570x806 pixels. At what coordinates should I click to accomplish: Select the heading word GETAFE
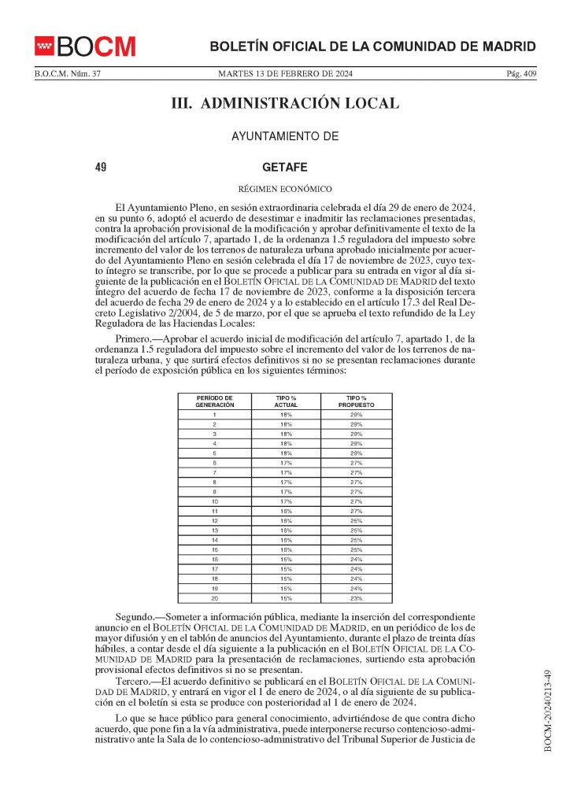coord(284,168)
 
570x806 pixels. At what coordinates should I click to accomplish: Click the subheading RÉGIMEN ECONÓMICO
coord(284,188)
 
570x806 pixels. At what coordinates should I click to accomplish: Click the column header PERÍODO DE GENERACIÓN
coord(215,401)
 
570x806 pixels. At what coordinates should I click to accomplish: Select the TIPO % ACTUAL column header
coord(286,401)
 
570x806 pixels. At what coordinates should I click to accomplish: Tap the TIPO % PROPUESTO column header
coord(357,401)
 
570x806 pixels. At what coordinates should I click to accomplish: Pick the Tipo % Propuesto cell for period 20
coord(357,598)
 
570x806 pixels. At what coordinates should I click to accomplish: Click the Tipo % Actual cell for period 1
coord(286,414)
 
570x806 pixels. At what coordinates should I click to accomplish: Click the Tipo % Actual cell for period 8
coord(286,482)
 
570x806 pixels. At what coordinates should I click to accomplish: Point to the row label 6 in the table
coord(215,463)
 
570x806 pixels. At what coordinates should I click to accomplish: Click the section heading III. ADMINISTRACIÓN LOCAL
coord(284,103)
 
